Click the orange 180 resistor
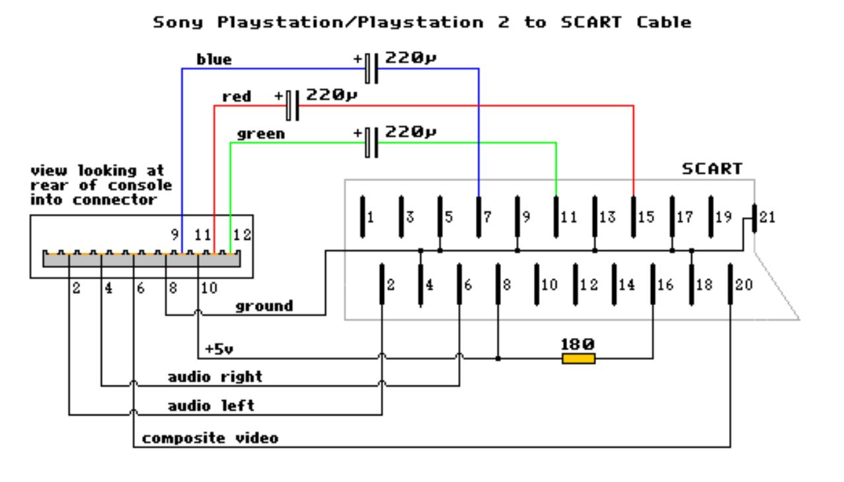pyautogui.click(x=578, y=359)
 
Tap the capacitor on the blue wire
pyautogui.click(x=371, y=69)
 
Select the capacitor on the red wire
pyautogui.click(x=292, y=106)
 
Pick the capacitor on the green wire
pyautogui.click(x=371, y=143)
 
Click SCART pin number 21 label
pyautogui.click(x=767, y=217)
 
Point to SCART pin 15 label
pyautogui.click(x=646, y=217)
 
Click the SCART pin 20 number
pyautogui.click(x=744, y=285)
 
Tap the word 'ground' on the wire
pyautogui.click(x=264, y=306)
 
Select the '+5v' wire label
pyautogui.click(x=219, y=349)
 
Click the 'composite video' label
pyautogui.click(x=210, y=438)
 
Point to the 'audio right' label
pyautogui.click(x=215, y=377)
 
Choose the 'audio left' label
pyautogui.click(x=211, y=406)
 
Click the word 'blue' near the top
pyautogui.click(x=214, y=59)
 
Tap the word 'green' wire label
pyautogui.click(x=261, y=134)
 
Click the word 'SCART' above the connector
pyautogui.click(x=712, y=169)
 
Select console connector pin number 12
pyautogui.click(x=242, y=235)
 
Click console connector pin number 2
pyautogui.click(x=77, y=289)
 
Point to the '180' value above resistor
pyautogui.click(x=578, y=344)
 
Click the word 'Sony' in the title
pyautogui.click(x=178, y=22)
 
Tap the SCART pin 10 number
pyautogui.click(x=549, y=285)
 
